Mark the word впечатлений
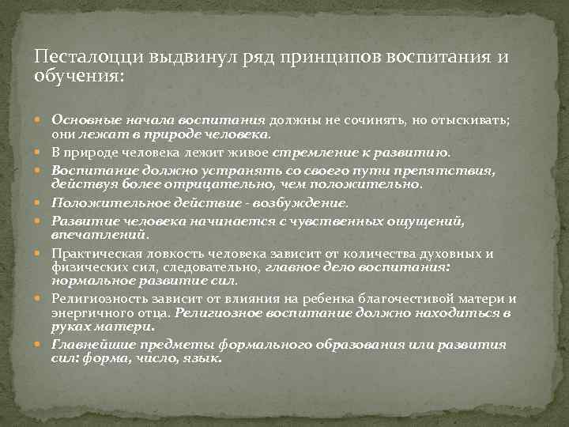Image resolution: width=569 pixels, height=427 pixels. coord(99,235)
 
